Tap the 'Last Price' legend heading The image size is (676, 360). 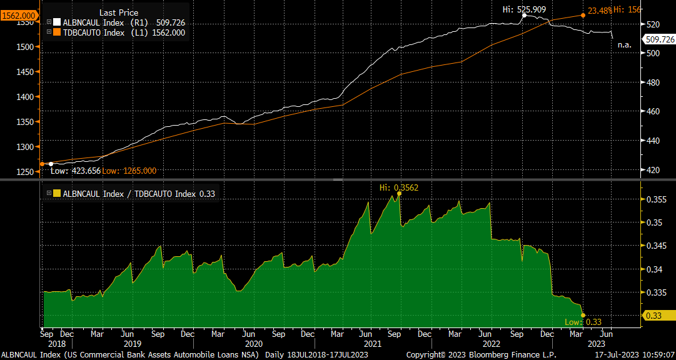tap(119, 12)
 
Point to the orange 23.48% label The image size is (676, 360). tap(598, 10)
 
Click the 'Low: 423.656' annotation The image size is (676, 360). tap(74, 171)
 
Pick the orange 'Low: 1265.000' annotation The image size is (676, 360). tap(129, 171)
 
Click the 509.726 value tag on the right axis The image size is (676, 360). tap(660, 39)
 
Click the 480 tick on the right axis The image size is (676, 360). tap(652, 82)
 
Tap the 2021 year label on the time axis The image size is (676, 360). tap(373, 343)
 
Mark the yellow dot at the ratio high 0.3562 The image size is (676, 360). tap(399, 194)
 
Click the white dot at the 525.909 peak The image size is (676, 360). tap(524, 15)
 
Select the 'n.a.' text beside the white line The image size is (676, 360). tap(624, 45)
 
